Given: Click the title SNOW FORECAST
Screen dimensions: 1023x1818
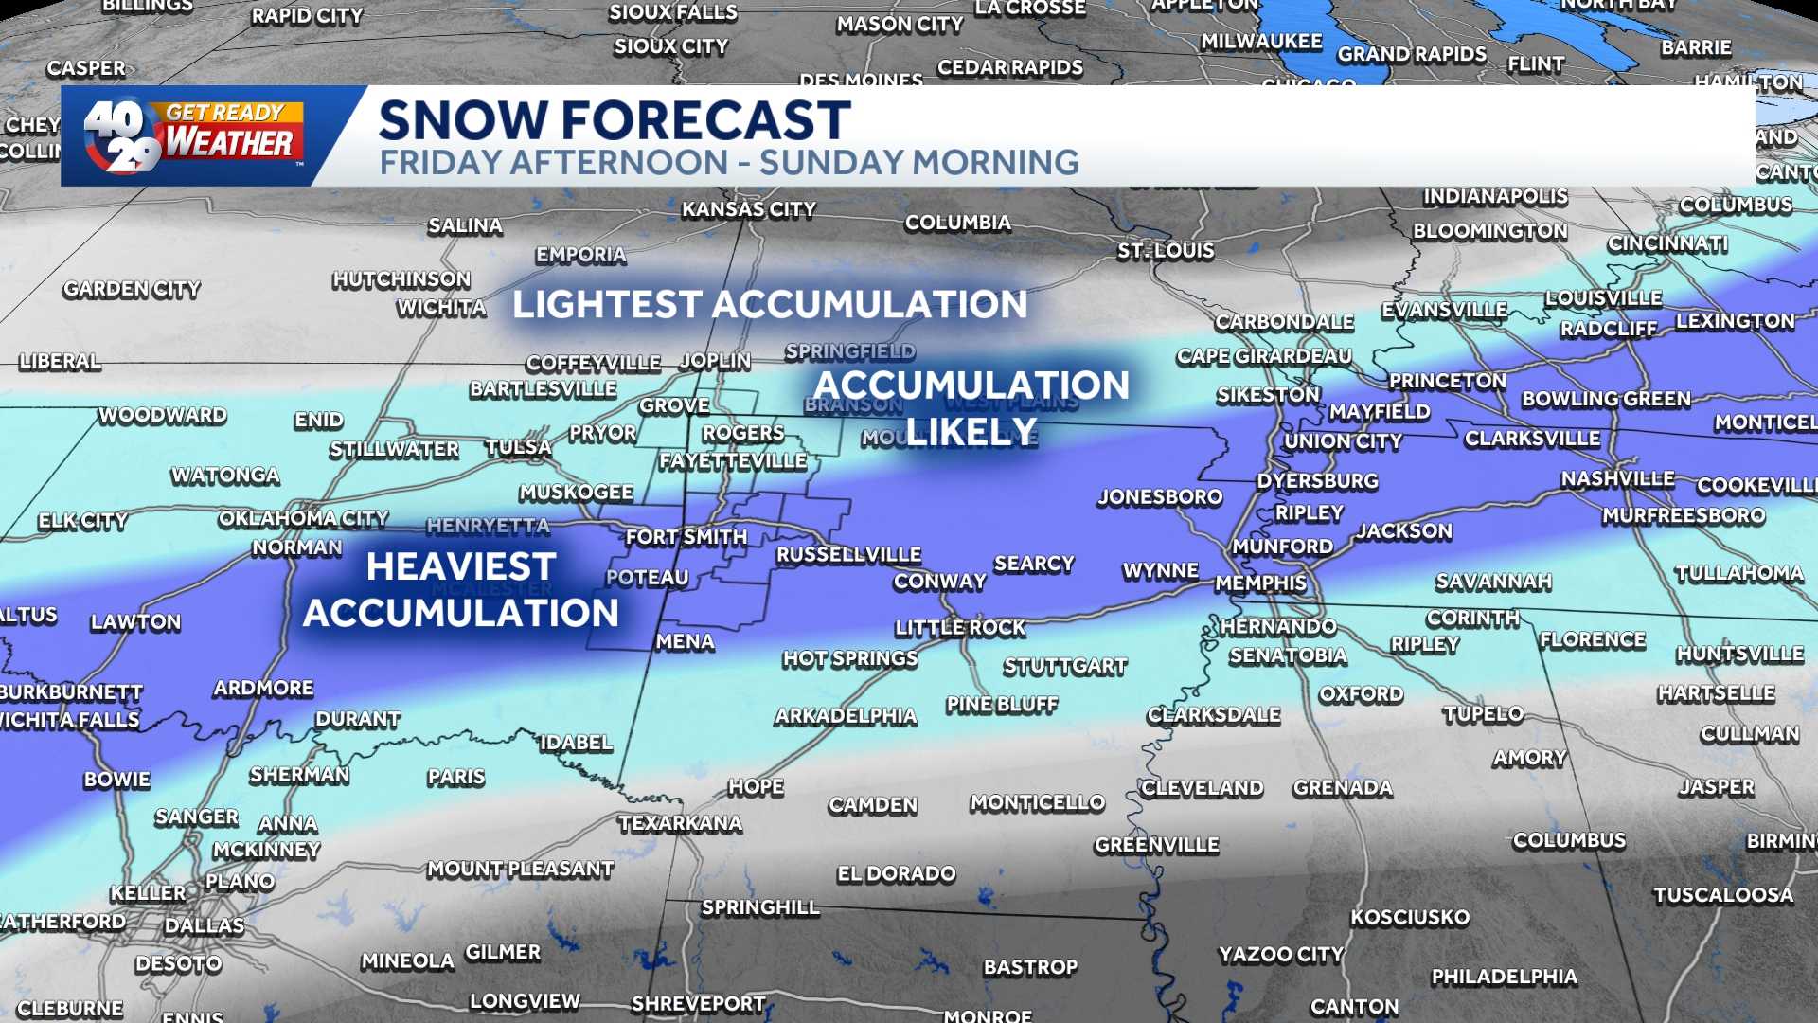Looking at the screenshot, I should tap(614, 120).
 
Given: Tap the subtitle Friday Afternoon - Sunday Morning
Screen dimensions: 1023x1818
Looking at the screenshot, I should tap(728, 163).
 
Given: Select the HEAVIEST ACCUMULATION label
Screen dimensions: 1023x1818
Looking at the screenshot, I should tap(460, 589).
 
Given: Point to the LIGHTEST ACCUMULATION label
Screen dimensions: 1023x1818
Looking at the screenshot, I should tap(769, 305).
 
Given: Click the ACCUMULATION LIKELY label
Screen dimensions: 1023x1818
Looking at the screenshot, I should tap(971, 407).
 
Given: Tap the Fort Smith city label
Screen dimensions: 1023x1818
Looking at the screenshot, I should tap(686, 537).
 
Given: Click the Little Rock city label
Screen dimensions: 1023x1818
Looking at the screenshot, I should tap(960, 627).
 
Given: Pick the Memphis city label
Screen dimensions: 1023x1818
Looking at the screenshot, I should tap(1260, 583).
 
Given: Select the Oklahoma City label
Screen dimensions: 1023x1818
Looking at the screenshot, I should tap(303, 518).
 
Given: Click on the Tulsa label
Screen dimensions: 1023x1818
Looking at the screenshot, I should tap(518, 447).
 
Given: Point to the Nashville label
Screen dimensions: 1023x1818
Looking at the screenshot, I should tap(1617, 479).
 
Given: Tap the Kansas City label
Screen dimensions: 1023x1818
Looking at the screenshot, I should tap(748, 209).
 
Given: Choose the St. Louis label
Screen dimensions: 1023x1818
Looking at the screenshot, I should tap(1165, 251).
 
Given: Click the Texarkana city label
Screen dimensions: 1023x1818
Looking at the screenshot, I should tap(680, 823).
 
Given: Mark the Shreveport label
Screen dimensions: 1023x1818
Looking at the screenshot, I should tap(698, 1004).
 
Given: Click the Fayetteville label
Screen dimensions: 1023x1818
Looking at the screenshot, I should tap(733, 461).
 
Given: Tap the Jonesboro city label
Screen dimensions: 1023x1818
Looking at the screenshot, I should tap(1160, 497).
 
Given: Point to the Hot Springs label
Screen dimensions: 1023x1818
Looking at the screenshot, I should tap(849, 658).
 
